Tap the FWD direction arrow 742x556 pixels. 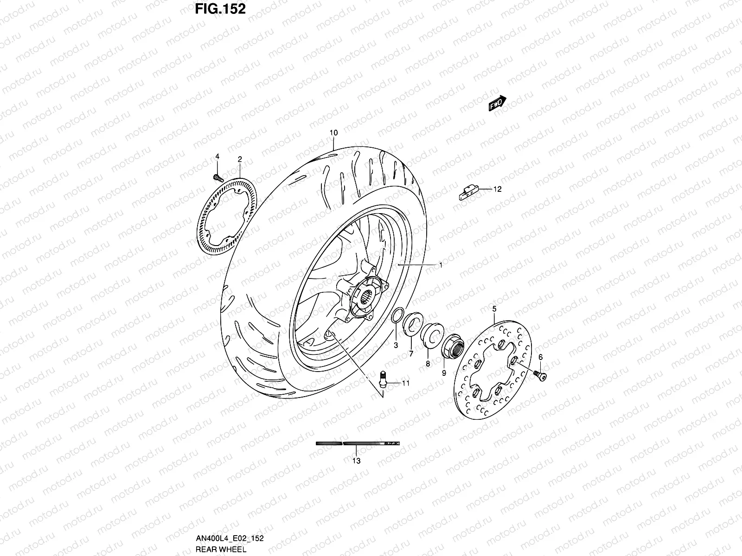coord(497,105)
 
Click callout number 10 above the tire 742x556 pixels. coord(333,133)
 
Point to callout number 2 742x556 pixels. coord(240,159)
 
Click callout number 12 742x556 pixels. coord(497,189)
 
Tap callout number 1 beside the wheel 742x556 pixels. coord(441,265)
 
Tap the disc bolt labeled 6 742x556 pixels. coord(541,376)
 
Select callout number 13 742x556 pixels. coord(356,461)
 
